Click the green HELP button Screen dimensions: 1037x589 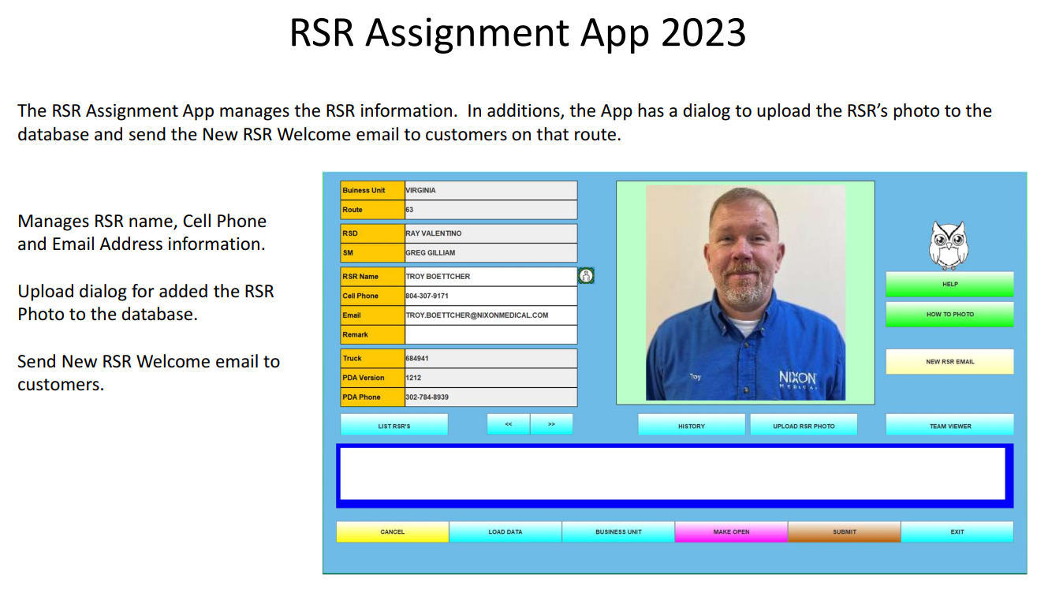949,284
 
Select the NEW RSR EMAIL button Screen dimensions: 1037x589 949,362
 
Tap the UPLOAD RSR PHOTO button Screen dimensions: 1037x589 804,425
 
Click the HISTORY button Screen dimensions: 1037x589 691,425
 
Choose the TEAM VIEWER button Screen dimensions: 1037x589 950,425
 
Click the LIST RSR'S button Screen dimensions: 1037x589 394,425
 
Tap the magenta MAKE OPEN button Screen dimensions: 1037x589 731,531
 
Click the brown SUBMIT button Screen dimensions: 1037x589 845,531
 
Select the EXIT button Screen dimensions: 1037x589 957,531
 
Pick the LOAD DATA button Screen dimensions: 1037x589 505,531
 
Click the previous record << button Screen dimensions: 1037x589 509,425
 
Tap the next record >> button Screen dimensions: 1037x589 551,425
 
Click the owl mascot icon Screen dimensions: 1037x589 949,245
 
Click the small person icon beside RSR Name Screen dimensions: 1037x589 586,276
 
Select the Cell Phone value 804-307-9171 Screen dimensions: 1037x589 427,296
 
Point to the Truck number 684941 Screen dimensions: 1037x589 416,359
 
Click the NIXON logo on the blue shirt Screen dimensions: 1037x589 797,380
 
